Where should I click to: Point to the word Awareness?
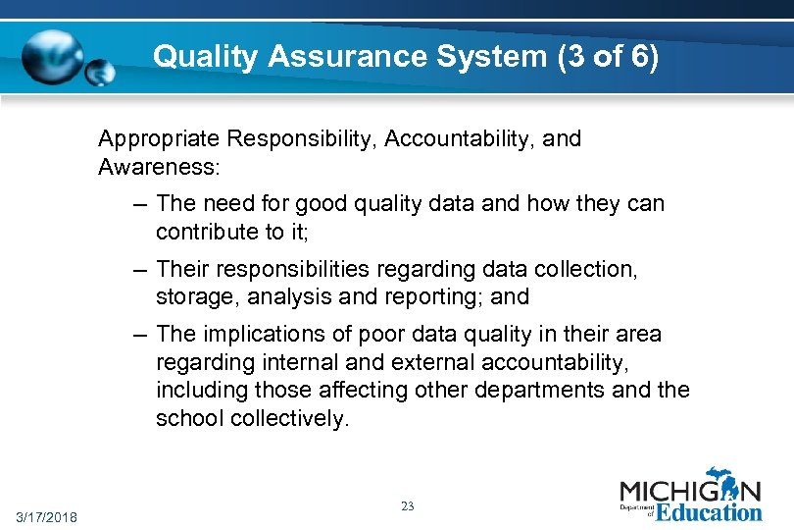[159, 167]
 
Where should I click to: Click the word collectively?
[289, 418]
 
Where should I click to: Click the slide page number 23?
[408, 506]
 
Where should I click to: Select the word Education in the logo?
[708, 511]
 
